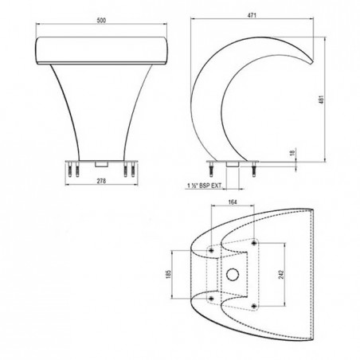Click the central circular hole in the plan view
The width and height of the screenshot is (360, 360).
tap(233, 275)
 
